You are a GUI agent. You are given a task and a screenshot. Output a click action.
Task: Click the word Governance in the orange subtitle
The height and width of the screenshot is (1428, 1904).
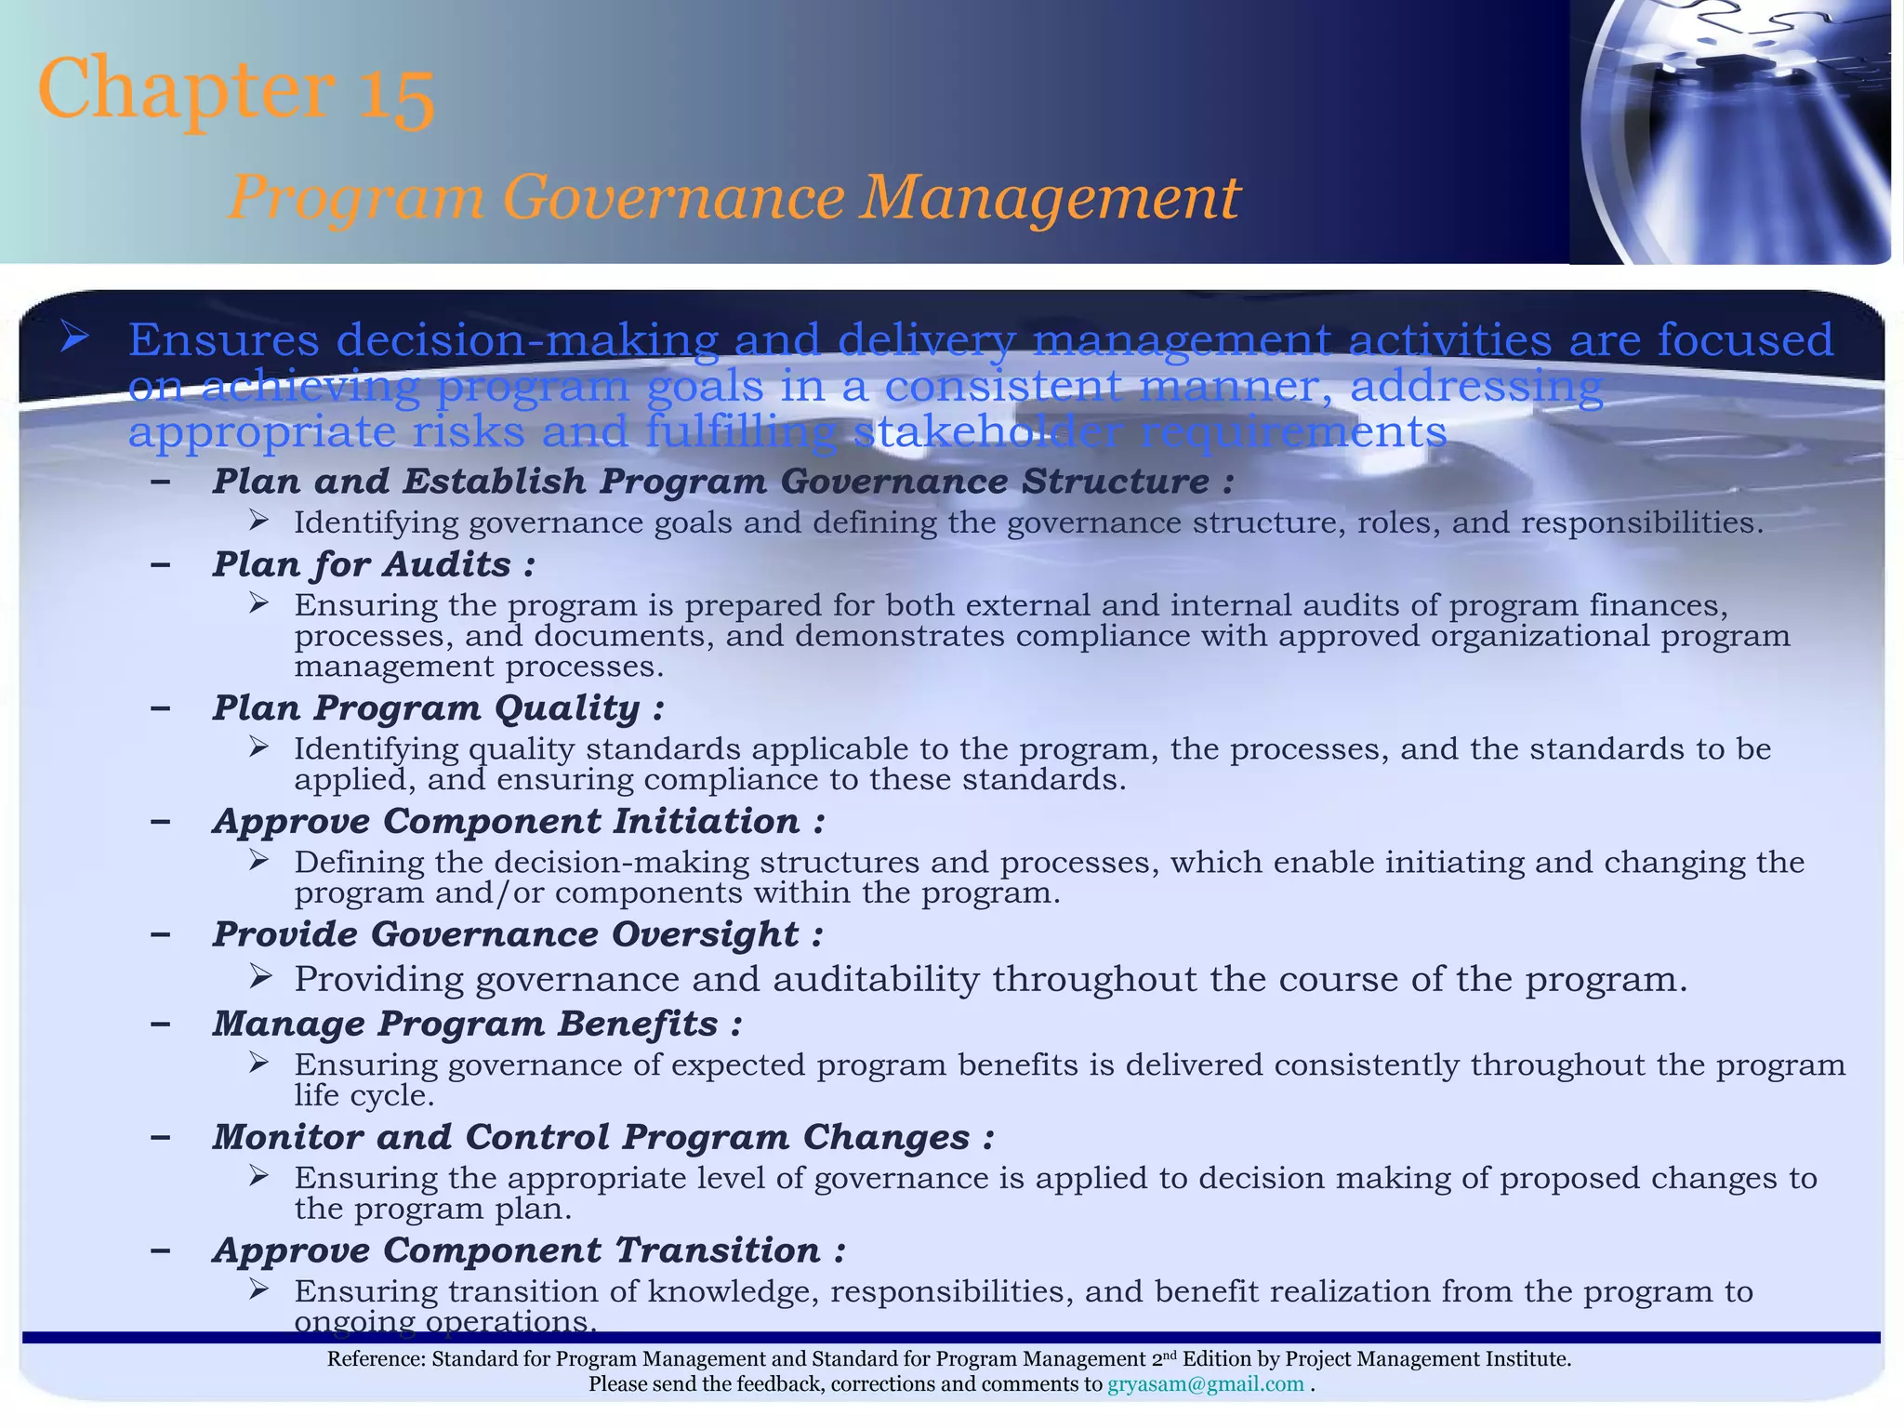point(674,198)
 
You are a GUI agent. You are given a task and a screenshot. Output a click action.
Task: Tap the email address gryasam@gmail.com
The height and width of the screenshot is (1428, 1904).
point(1206,1384)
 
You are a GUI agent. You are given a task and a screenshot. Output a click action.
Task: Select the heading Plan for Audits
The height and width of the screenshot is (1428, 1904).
point(373,564)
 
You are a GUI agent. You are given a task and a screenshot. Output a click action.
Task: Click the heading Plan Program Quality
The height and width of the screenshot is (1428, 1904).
point(438,708)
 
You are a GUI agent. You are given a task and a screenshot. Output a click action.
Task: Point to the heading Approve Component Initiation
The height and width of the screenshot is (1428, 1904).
point(518,821)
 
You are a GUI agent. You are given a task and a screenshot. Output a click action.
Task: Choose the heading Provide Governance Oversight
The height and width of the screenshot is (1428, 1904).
point(518,934)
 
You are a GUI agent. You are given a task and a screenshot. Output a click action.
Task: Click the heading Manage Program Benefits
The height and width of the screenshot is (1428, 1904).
point(477,1024)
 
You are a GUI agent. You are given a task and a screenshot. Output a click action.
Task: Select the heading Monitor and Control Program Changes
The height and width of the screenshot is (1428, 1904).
point(603,1137)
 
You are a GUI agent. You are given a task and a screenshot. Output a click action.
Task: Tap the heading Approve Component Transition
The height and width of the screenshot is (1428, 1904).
point(529,1250)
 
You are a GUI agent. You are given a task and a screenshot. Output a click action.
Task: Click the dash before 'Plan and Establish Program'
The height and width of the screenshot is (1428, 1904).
point(160,482)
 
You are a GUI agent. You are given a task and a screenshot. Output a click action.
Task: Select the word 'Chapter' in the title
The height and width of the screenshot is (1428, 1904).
point(186,88)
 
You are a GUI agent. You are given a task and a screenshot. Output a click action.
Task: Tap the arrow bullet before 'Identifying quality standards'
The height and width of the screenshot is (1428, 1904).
point(259,747)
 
